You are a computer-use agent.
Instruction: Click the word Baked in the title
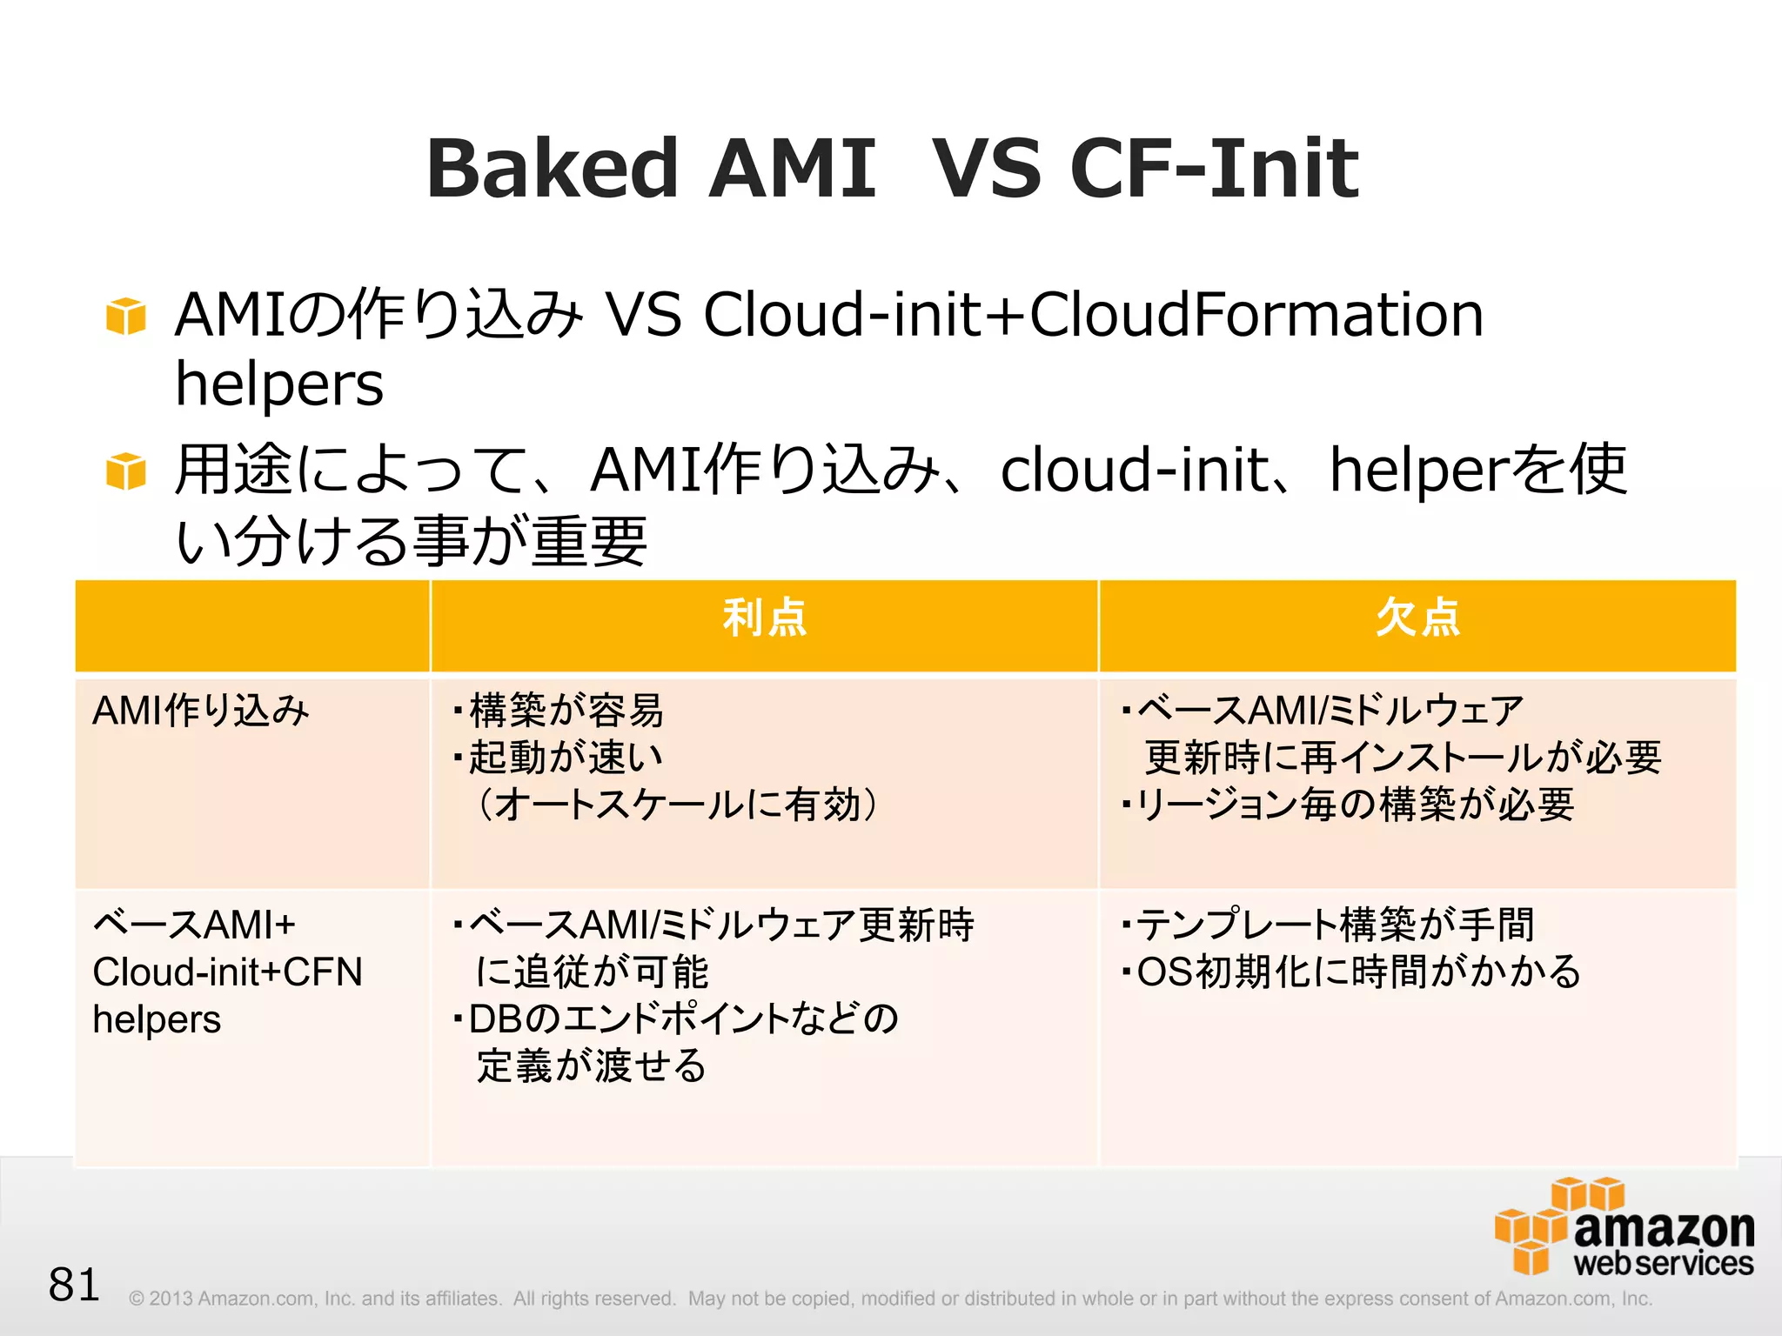point(551,169)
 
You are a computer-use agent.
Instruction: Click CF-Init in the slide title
point(1213,169)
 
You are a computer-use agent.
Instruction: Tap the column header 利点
point(764,618)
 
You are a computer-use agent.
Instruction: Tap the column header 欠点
point(1417,618)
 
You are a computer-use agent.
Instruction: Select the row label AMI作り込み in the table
point(201,711)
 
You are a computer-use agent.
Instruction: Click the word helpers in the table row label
point(157,1019)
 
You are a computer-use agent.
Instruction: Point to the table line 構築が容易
point(566,711)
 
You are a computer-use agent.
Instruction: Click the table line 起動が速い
point(566,758)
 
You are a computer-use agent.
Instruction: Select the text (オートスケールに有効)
point(674,805)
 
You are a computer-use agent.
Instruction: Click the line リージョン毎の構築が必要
point(1354,805)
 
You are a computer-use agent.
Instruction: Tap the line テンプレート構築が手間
point(1335,925)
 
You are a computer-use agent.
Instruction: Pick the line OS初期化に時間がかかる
point(1357,972)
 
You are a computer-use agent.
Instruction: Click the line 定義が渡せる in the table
point(592,1065)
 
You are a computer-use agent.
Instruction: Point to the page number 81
point(74,1285)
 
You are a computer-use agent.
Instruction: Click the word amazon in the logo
point(1663,1229)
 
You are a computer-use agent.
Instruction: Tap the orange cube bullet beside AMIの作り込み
point(125,316)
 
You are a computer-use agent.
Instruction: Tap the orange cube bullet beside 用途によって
point(125,471)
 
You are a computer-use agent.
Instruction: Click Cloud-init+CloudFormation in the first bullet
point(1093,315)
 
